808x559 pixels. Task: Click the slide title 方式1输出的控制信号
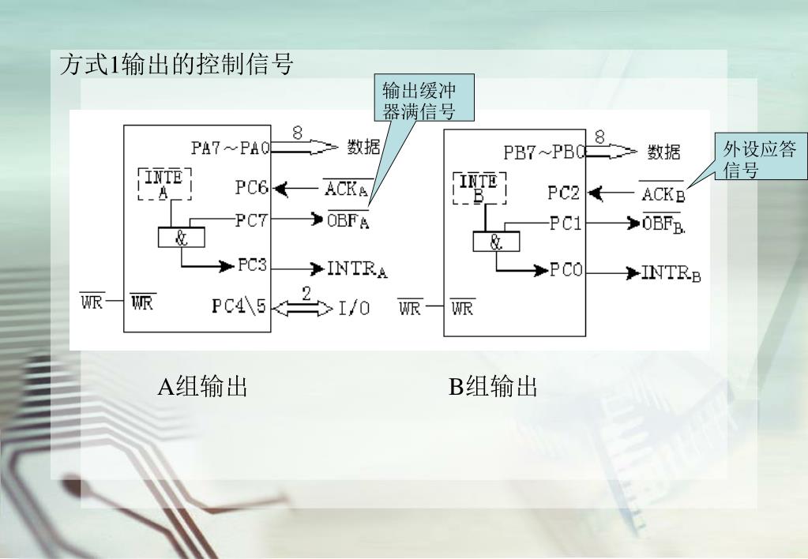click(176, 65)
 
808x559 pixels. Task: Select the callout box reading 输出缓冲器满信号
click(418, 99)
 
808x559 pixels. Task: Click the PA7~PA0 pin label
click(230, 148)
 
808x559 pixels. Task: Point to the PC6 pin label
click(252, 189)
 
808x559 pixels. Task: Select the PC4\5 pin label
click(241, 306)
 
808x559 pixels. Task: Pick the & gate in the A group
click(181, 236)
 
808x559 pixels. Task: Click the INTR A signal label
click(358, 269)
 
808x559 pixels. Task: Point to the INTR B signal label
click(671, 274)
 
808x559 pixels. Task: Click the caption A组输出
click(203, 387)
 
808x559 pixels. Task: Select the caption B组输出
click(494, 387)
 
